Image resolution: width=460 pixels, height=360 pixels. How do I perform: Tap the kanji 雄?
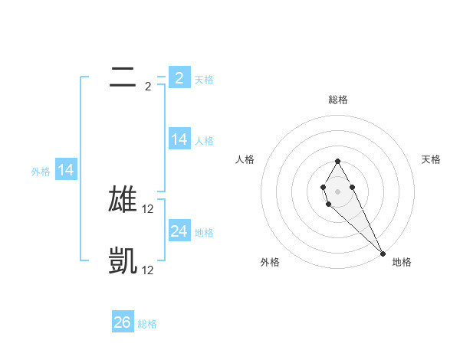point(123,199)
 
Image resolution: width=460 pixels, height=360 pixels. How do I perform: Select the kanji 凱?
point(123,261)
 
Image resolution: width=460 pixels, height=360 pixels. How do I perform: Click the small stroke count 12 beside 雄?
point(148,208)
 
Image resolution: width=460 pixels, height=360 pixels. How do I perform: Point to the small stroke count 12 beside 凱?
point(148,270)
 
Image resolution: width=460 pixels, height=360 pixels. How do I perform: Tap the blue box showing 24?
point(179,231)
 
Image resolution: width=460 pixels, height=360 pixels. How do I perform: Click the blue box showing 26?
point(123,322)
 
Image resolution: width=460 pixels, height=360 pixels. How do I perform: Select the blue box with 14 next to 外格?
point(66,170)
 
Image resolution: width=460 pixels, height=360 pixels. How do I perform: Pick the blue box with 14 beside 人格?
point(179,139)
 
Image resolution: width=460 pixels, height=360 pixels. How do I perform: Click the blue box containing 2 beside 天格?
point(179,77)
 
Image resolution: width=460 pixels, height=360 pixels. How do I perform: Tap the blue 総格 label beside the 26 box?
point(147,324)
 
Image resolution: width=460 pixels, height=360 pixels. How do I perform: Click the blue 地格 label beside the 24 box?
point(204,233)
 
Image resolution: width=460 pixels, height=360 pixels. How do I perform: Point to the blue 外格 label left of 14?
point(41,172)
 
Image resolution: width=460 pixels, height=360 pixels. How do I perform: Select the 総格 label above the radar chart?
point(338,100)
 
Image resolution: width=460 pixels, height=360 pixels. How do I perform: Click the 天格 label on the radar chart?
point(432,159)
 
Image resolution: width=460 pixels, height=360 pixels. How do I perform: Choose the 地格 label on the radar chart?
point(402,262)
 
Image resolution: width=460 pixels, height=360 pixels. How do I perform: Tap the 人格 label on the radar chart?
point(245,159)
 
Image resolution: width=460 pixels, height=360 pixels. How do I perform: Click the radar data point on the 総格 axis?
point(337,161)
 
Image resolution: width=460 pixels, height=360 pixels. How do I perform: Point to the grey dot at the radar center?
point(337,191)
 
